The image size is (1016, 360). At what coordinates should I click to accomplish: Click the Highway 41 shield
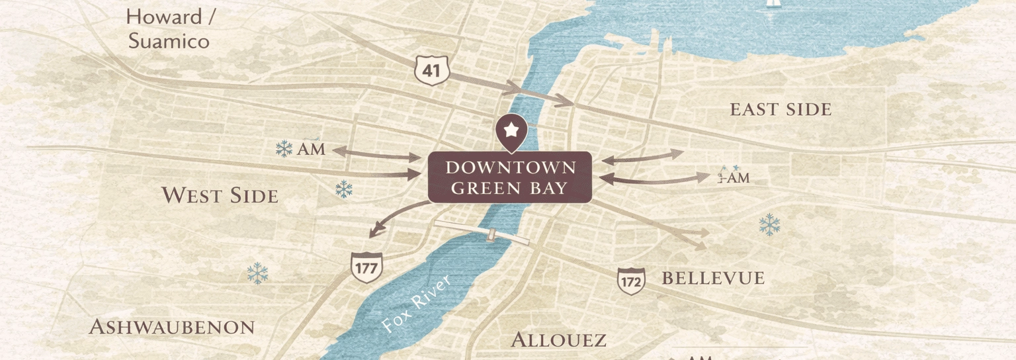point(432,70)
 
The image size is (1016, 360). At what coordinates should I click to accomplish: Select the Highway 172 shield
point(631,281)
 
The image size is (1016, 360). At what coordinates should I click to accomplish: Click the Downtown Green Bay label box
point(509,177)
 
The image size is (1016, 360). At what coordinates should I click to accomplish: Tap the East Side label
point(780,110)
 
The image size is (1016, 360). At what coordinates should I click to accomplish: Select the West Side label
point(220,195)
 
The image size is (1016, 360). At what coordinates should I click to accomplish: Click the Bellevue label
point(713,279)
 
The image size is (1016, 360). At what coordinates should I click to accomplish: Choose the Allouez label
point(558,340)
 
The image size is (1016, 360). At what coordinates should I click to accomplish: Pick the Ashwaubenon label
point(171,327)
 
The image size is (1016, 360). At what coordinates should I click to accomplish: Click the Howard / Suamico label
point(170,29)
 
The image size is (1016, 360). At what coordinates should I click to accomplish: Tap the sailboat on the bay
point(773,4)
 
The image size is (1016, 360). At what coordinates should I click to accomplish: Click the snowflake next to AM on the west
point(284,149)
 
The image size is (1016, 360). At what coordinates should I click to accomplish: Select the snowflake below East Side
point(769,225)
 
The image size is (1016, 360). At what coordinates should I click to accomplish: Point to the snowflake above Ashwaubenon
point(257,273)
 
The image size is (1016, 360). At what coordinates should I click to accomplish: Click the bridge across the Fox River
point(482,232)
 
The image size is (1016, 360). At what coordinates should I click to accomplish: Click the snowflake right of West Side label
point(343,189)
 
